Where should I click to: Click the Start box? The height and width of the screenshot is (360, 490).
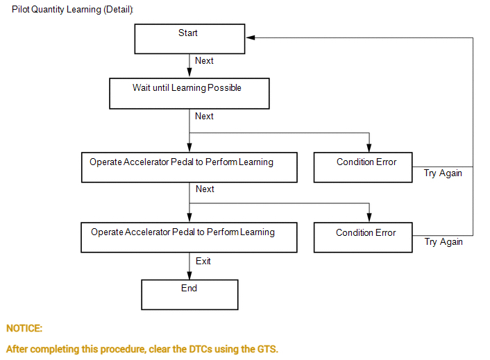pos(189,39)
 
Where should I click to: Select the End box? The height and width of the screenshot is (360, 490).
pos(189,294)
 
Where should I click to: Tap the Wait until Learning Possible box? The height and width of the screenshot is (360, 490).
pos(189,93)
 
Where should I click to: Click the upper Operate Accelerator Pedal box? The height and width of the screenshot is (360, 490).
pos(189,167)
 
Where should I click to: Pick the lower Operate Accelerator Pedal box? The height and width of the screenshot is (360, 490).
pos(189,237)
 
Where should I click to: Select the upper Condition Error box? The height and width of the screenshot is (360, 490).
pos(364,167)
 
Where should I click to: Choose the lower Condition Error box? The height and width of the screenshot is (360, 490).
pos(364,237)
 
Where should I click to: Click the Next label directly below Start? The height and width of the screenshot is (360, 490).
pos(204,61)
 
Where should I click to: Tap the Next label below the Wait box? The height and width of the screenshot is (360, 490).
pos(204,117)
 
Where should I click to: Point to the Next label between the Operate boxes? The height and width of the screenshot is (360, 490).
pos(204,189)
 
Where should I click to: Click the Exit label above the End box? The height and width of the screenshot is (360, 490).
pos(203,262)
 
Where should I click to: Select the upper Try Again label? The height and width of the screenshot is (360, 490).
pos(443,173)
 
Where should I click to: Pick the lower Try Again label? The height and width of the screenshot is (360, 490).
pos(443,242)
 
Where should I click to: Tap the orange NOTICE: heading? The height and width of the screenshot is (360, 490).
pos(24,328)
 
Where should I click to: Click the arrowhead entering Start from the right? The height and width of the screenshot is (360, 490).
pos(250,37)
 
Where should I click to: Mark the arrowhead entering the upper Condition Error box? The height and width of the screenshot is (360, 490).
pos(369,148)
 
